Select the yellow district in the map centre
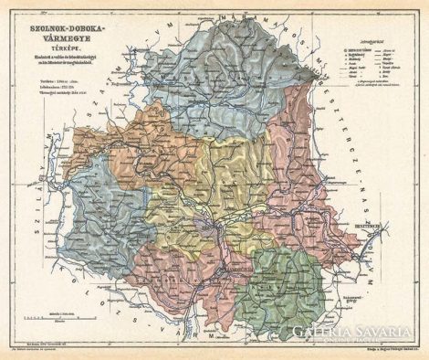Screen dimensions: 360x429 tap(228, 183)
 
